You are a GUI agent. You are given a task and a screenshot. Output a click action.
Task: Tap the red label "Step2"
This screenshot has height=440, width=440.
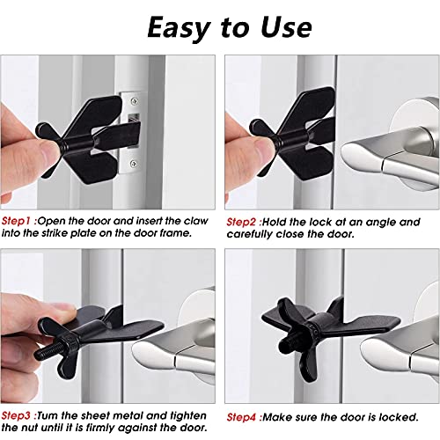242,221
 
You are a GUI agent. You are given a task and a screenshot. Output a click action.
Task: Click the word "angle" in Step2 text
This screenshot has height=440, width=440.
379,221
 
